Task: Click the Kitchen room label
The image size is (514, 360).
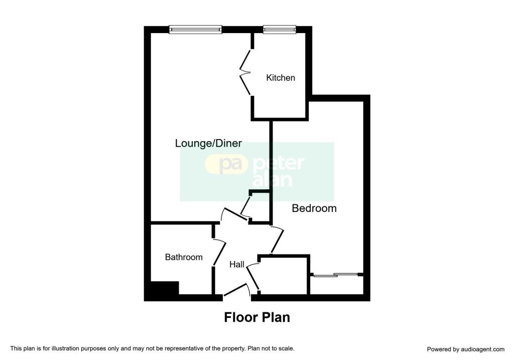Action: pyautogui.click(x=281, y=78)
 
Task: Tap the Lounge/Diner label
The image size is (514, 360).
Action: pyautogui.click(x=208, y=143)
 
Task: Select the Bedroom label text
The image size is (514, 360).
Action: pyautogui.click(x=314, y=208)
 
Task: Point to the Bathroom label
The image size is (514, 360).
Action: pyautogui.click(x=184, y=257)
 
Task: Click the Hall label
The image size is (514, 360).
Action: pyautogui.click(x=237, y=264)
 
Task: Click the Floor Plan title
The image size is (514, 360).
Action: pyautogui.click(x=257, y=317)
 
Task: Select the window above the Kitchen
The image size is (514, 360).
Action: pyautogui.click(x=280, y=30)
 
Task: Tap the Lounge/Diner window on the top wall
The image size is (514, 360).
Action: pyautogui.click(x=196, y=30)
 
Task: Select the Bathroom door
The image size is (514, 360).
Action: pyautogui.click(x=220, y=252)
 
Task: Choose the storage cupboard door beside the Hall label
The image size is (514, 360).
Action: pyautogui.click(x=252, y=277)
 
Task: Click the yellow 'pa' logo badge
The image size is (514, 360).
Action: pyautogui.click(x=226, y=165)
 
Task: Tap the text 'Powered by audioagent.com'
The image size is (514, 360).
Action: pyautogui.click(x=465, y=349)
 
